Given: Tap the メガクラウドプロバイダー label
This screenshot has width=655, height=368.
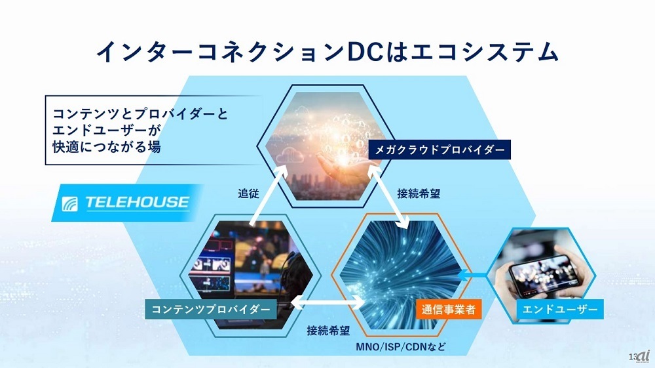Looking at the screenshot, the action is (440, 150).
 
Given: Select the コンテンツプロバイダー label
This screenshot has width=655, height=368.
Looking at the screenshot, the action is (210, 309).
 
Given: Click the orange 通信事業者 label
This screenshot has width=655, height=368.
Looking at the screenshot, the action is (448, 309).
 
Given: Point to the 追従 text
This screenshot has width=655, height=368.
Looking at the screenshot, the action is (248, 194).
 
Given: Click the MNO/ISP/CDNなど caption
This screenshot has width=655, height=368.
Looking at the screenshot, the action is (401, 346).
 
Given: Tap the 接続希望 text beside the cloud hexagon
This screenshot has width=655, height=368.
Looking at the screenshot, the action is (419, 194).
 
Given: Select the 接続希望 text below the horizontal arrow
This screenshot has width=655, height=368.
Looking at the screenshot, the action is (328, 331).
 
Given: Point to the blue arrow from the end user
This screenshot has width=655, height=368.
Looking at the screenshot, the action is (472, 275).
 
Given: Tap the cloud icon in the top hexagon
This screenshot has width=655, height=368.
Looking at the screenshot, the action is (292, 155).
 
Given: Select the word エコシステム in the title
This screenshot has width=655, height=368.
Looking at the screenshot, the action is (484, 52).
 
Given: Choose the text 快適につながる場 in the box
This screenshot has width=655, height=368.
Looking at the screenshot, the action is (107, 147).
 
